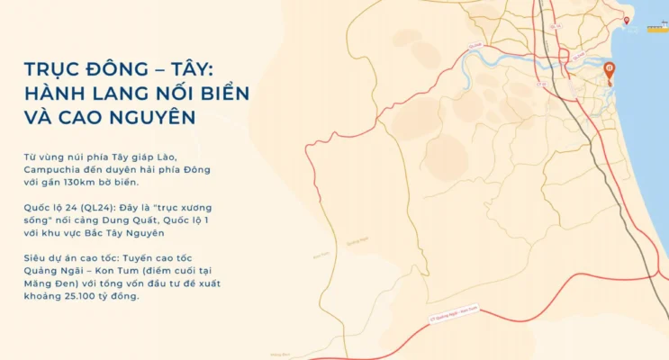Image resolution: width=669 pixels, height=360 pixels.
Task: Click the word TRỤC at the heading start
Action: tap(55, 69)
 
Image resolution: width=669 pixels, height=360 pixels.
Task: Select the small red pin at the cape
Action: tap(628, 20)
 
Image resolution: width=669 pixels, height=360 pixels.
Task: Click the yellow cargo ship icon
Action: tap(655, 29)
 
